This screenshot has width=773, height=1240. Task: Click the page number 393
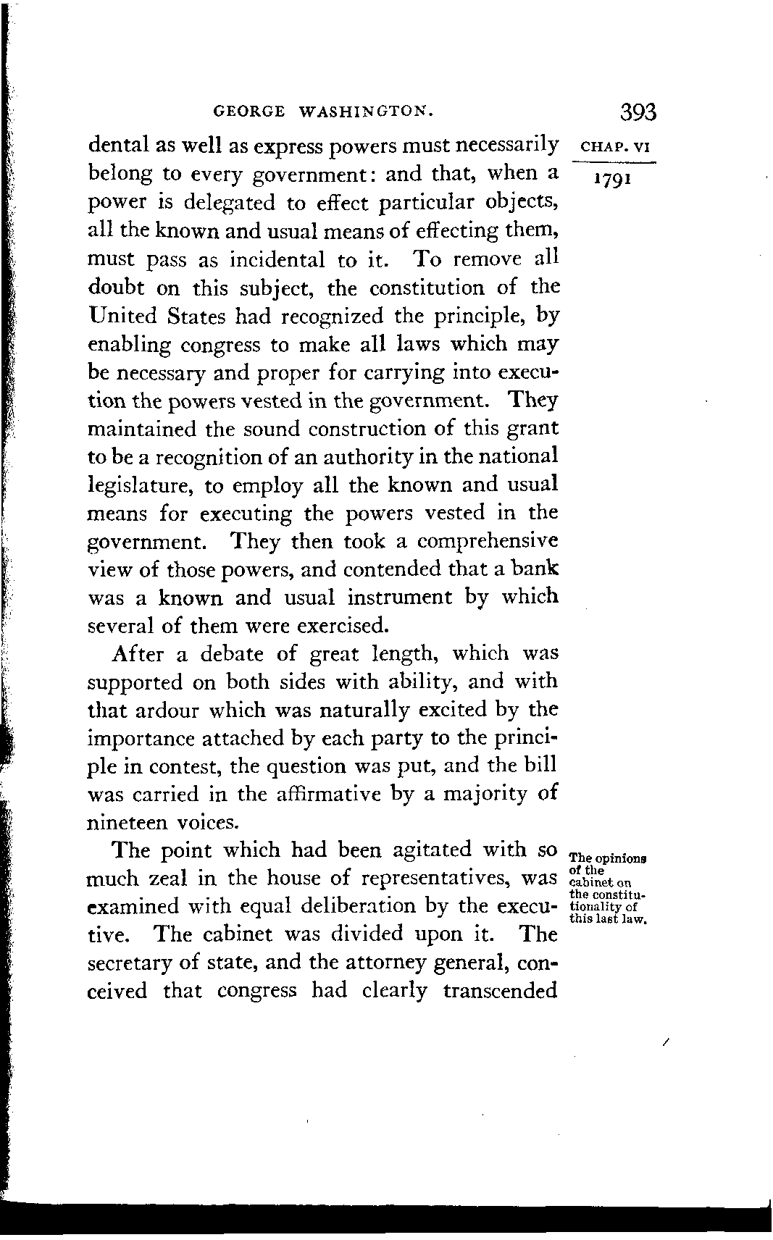click(x=638, y=113)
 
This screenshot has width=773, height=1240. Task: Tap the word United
click(x=121, y=316)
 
